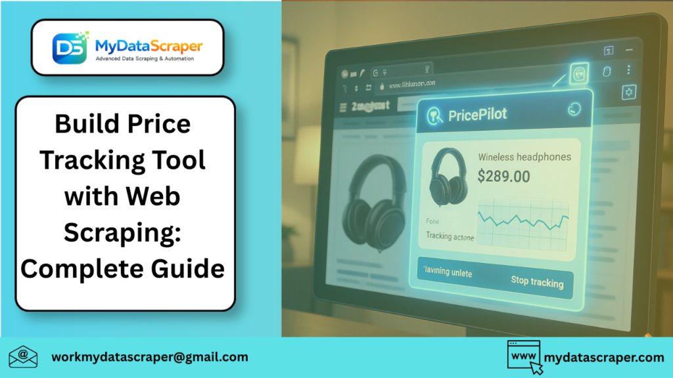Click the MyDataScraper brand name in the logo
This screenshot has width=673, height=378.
149,45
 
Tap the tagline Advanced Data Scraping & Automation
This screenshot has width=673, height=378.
149,59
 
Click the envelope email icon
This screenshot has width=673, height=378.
24,358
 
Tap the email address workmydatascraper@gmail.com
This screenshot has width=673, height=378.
150,357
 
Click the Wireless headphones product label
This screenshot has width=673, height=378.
524,157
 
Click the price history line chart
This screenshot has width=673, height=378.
523,220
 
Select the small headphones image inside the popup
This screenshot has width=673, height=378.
448,177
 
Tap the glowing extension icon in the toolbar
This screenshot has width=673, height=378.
579,73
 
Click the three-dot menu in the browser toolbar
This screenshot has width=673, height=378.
629,70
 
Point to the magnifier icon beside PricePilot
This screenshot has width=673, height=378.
434,116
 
